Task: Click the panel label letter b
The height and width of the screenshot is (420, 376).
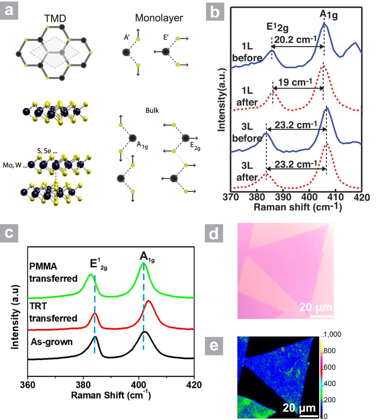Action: point(215,12)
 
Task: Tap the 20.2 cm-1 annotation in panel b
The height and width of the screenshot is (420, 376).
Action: point(295,40)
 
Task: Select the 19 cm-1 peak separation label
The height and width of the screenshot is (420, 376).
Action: point(295,82)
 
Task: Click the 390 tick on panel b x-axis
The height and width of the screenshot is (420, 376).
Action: point(283,197)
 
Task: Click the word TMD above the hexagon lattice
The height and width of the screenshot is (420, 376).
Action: point(55,18)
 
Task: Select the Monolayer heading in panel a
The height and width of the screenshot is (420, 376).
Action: point(159,18)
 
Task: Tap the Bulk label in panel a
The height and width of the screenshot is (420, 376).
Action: point(152,110)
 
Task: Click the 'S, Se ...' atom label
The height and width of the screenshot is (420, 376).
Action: point(47,151)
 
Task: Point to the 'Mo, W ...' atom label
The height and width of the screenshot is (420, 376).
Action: point(15,165)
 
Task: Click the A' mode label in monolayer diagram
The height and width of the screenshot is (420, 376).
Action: point(127,37)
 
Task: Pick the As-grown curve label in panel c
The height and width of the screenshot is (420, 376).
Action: point(52,342)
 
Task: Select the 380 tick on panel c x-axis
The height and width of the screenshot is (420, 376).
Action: point(83,385)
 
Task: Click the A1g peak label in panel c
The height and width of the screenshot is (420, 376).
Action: point(147,257)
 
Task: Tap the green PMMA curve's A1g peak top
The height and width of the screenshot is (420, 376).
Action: point(143,263)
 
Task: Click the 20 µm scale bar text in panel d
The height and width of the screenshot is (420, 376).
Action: point(316,307)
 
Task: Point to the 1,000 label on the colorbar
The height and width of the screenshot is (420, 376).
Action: point(332,334)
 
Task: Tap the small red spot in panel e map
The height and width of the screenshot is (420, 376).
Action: point(283,349)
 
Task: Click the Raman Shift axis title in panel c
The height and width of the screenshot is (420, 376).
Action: point(111,395)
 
